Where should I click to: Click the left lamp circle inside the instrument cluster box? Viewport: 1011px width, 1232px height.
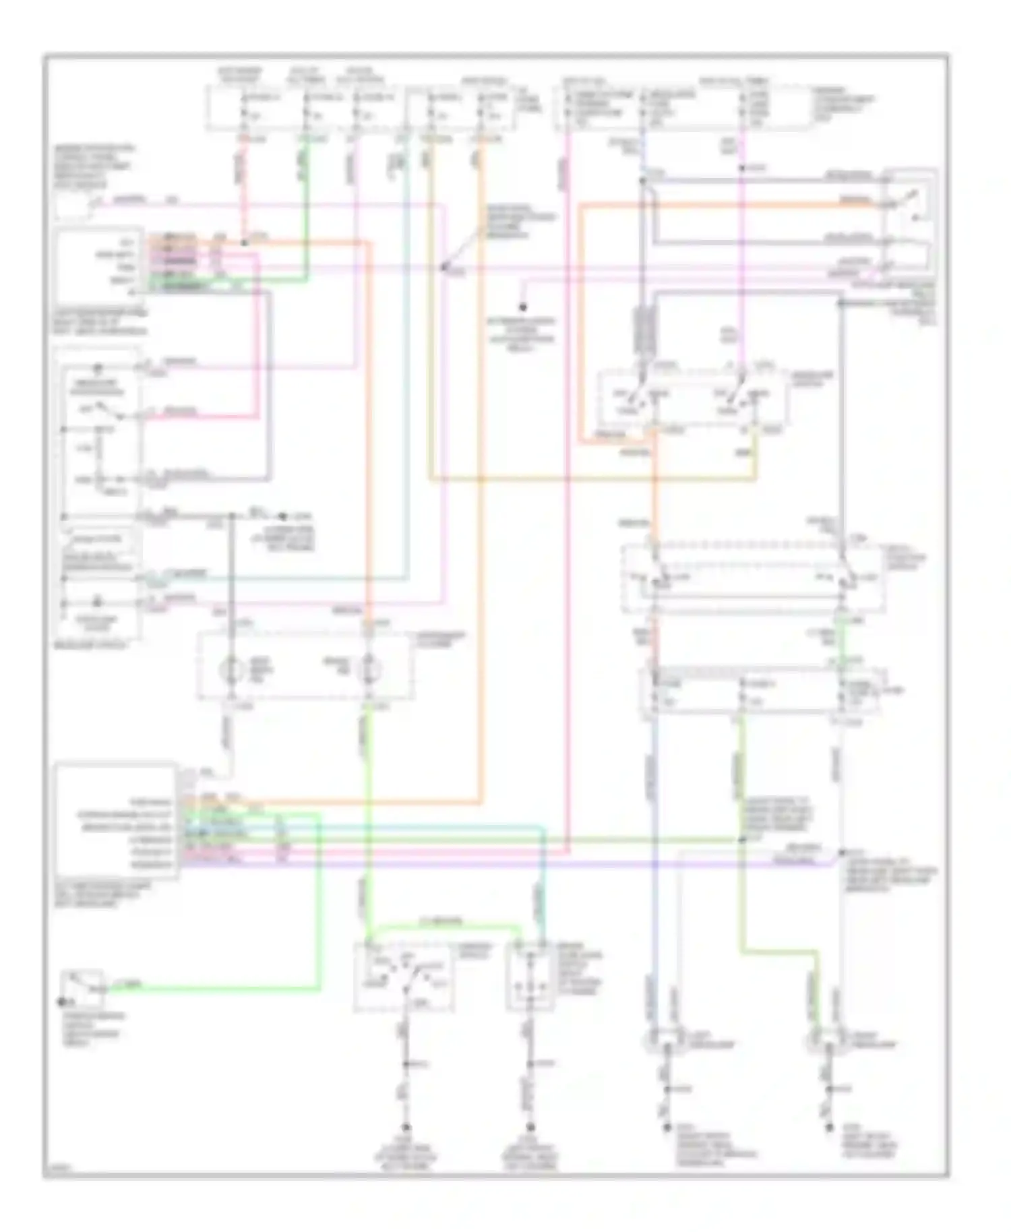pyautogui.click(x=233, y=669)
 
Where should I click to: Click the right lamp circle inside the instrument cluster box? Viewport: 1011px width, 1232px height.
pyautogui.click(x=369, y=669)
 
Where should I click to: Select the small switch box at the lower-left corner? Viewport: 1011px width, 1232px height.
pyautogui.click(x=82, y=987)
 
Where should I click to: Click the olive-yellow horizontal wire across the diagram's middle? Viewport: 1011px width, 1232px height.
pyautogui.click(x=593, y=480)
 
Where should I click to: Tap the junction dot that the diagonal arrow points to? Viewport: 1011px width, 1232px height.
pyautogui.click(x=443, y=268)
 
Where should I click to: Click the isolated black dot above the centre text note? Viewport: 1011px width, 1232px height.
pyautogui.click(x=522, y=307)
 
